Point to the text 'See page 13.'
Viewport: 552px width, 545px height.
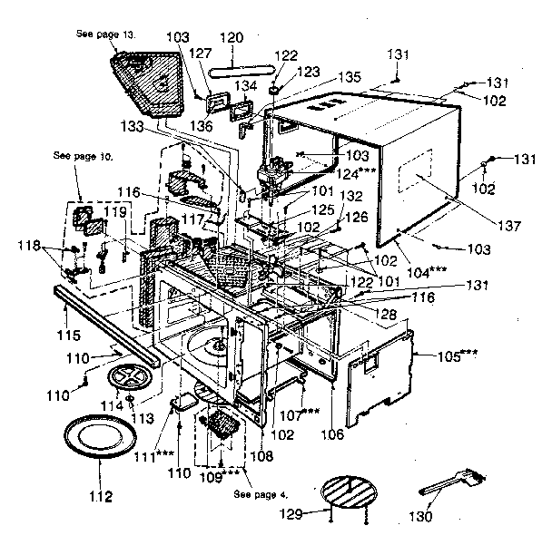[x=106, y=34]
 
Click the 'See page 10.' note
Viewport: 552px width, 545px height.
[x=84, y=156]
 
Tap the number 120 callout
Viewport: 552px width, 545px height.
[x=232, y=37]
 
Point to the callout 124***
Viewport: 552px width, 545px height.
[x=340, y=171]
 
